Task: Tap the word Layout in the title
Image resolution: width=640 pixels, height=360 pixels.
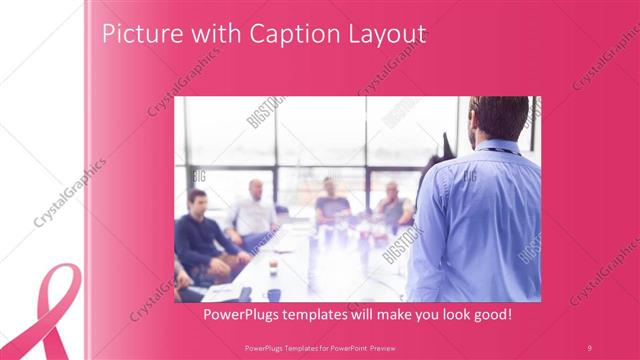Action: tap(386, 35)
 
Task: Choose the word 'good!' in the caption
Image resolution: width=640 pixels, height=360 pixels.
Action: tap(490, 315)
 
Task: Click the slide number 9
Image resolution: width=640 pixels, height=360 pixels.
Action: tap(590, 346)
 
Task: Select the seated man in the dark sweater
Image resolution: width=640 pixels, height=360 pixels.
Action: tap(198, 235)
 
